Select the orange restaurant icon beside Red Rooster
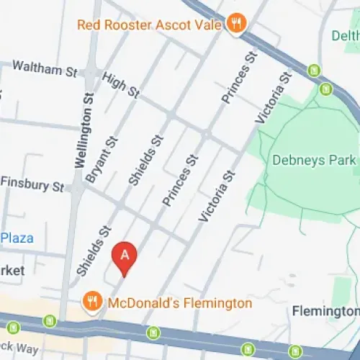pos(235,24)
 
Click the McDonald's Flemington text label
pos(179,303)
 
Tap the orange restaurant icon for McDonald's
pos(91,302)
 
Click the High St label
pos(121,85)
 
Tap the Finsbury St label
pos(32,184)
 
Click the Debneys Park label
pos(314,160)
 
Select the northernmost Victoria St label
pos(274,97)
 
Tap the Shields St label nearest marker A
pos(94,249)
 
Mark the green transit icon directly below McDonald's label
pos(153,332)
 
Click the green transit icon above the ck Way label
pos(49,321)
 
